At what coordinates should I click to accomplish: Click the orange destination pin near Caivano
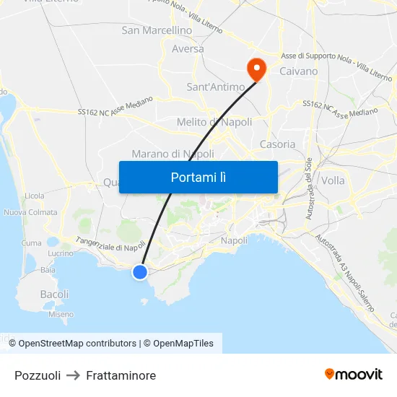coord(256,69)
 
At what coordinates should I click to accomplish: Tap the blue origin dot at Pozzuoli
coord(140,271)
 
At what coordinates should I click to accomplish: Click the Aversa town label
coord(188,49)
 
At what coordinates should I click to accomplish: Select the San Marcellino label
coord(157,30)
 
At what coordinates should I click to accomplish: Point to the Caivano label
coord(298,71)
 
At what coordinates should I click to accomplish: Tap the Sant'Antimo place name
coord(216,87)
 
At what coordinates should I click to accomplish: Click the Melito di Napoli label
coord(214,122)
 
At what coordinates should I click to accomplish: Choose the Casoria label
coord(277,144)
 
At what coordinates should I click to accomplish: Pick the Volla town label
coord(333,180)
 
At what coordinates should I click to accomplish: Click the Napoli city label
coord(234,240)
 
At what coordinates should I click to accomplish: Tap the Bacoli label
coord(55,295)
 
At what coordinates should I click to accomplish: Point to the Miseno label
coord(61,314)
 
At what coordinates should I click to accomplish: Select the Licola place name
coord(34,196)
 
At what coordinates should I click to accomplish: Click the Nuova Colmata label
coord(30,212)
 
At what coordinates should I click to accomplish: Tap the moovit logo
coord(354,374)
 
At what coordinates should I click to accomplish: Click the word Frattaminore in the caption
coord(121,375)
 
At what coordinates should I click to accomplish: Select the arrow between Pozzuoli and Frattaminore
coord(74,375)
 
